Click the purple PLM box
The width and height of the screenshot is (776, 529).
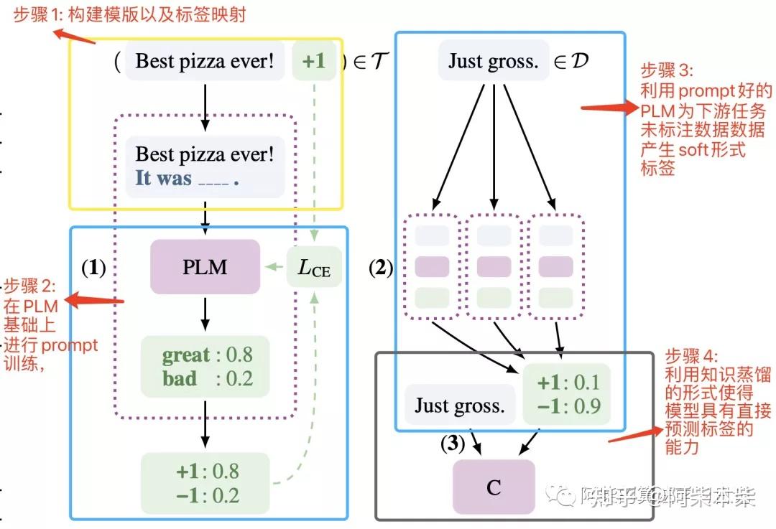pyautogui.click(x=205, y=267)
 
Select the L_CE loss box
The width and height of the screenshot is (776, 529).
pyautogui.click(x=314, y=268)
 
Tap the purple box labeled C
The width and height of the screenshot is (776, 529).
pyautogui.click(x=494, y=487)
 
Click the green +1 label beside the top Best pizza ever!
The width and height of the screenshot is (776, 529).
pyautogui.click(x=314, y=61)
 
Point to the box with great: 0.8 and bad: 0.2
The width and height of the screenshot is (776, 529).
pyautogui.click(x=205, y=366)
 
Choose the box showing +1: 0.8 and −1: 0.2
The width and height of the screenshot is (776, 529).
pyautogui.click(x=205, y=483)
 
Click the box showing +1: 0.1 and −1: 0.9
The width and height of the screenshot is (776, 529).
pyautogui.click(x=567, y=393)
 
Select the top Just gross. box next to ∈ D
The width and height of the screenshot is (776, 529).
pyautogui.click(x=493, y=61)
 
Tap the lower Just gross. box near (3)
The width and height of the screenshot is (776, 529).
pyautogui.click(x=459, y=406)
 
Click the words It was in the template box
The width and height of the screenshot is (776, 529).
pyautogui.click(x=164, y=178)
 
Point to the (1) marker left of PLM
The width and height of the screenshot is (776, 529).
pyautogui.click(x=93, y=268)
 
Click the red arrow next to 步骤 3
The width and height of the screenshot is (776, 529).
pyautogui.click(x=608, y=108)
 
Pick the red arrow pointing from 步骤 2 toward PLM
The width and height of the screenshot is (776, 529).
pyautogui.click(x=93, y=300)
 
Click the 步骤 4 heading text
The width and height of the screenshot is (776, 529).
pyautogui.click(x=690, y=357)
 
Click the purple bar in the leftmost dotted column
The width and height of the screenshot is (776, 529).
pyautogui.click(x=432, y=266)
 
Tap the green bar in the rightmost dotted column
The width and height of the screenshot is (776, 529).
pyautogui.click(x=555, y=297)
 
